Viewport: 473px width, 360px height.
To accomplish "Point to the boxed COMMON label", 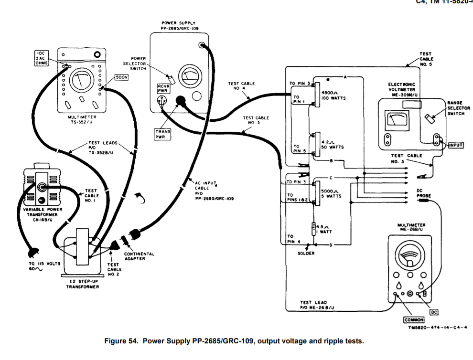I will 400,319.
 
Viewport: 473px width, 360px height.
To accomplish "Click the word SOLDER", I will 306,253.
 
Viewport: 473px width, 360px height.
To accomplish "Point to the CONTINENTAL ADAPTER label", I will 139,256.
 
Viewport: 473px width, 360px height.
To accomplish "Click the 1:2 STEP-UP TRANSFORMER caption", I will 81,284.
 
